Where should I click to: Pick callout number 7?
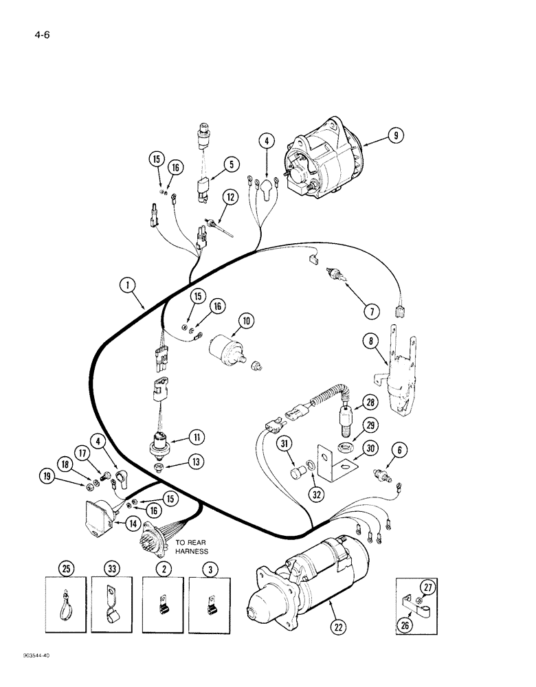(x=372, y=311)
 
